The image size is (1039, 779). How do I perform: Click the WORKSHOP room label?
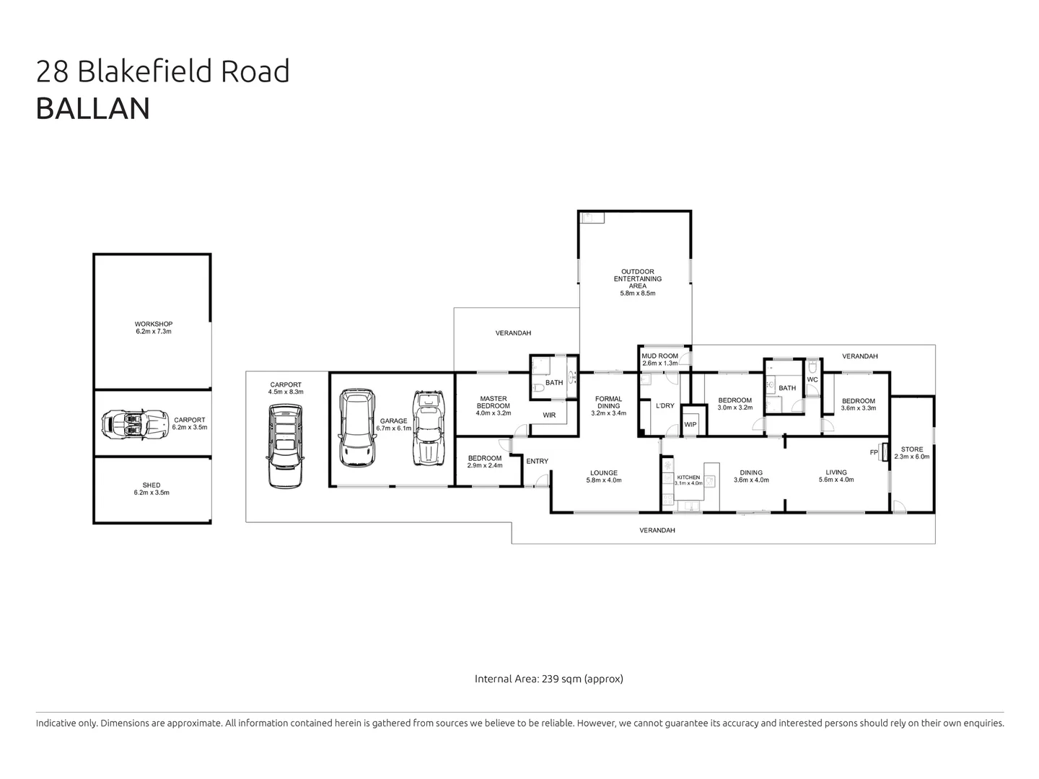(153, 324)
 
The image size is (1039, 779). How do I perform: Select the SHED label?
(152, 485)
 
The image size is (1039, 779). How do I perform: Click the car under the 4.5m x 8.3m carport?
(285, 446)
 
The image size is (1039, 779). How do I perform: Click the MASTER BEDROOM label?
(494, 402)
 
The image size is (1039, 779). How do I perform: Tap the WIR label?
(549, 415)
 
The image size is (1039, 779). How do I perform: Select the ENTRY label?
(537, 462)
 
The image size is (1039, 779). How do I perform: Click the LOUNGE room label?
(603, 473)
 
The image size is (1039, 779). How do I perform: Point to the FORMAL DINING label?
(608, 402)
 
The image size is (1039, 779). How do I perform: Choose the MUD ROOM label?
(659, 356)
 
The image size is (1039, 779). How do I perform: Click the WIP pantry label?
(690, 424)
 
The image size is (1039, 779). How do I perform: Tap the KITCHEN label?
(688, 477)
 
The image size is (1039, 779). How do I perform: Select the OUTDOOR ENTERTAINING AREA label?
(637, 278)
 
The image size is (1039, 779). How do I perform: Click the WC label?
(812, 379)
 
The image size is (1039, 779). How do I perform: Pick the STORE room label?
(911, 449)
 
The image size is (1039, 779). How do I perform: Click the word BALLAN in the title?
(93, 108)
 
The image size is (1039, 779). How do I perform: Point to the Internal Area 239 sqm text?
(548, 679)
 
